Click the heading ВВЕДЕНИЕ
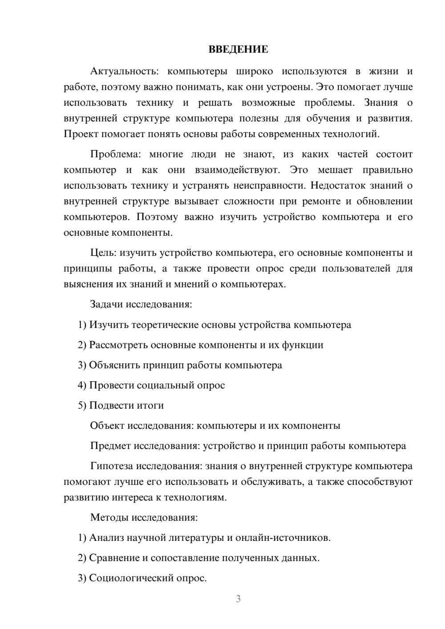[238, 49]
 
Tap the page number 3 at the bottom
[238, 599]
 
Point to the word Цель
[103, 253]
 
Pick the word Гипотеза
[111, 466]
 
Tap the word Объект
[107, 426]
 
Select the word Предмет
[110, 446]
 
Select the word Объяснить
[114, 365]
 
